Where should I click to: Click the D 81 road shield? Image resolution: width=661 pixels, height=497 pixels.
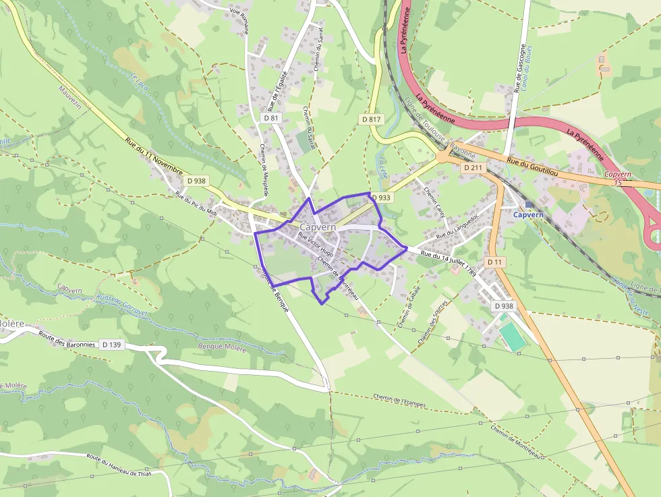271,118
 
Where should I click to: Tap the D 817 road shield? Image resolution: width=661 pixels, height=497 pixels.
371,119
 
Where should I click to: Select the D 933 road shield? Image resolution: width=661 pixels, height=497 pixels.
381,198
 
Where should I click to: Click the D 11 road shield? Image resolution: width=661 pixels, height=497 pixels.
494,262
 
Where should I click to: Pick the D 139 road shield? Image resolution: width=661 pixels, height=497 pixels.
112,345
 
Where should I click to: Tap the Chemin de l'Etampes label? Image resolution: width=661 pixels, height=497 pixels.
399,399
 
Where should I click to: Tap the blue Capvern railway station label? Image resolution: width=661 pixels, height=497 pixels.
528,214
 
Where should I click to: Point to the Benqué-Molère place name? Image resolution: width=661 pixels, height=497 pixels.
221,347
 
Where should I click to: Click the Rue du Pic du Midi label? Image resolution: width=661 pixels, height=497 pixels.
196,204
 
